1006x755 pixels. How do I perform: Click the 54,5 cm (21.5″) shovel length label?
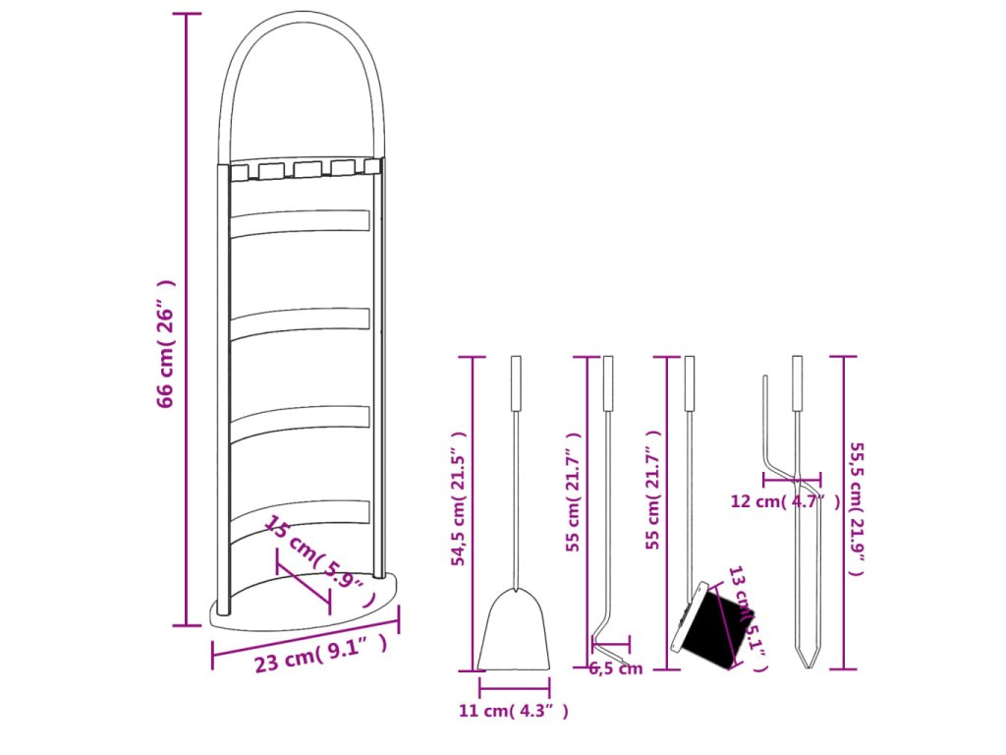[x=458, y=498]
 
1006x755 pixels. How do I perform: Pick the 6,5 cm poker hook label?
[x=616, y=669]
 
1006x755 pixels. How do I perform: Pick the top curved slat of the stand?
[x=300, y=221]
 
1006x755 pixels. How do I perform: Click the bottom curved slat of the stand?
[x=300, y=512]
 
